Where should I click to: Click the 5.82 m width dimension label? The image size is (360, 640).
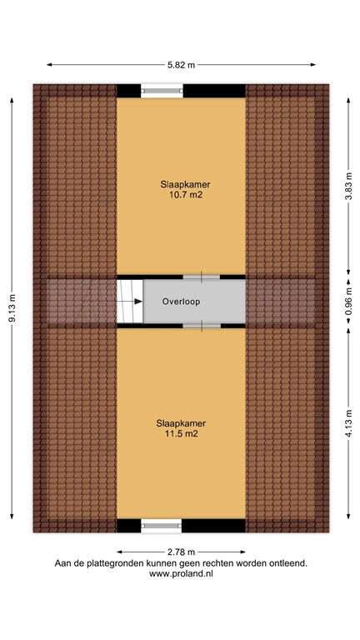(181, 65)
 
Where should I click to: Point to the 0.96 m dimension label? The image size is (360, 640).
(349, 302)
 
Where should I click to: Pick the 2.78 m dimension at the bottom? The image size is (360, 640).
(181, 552)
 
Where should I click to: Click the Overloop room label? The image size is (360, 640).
(181, 302)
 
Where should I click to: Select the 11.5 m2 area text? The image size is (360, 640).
(181, 433)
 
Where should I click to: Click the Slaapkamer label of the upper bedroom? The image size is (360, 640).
(181, 184)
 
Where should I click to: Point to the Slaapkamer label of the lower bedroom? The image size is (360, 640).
(181, 422)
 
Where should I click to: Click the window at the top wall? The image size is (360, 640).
(162, 91)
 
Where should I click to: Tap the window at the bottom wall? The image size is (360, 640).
(162, 525)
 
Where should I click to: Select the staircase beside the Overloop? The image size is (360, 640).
(129, 302)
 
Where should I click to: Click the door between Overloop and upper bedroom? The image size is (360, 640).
(201, 276)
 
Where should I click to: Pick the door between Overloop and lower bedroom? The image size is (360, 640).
(201, 327)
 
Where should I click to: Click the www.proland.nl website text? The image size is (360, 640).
(181, 574)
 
